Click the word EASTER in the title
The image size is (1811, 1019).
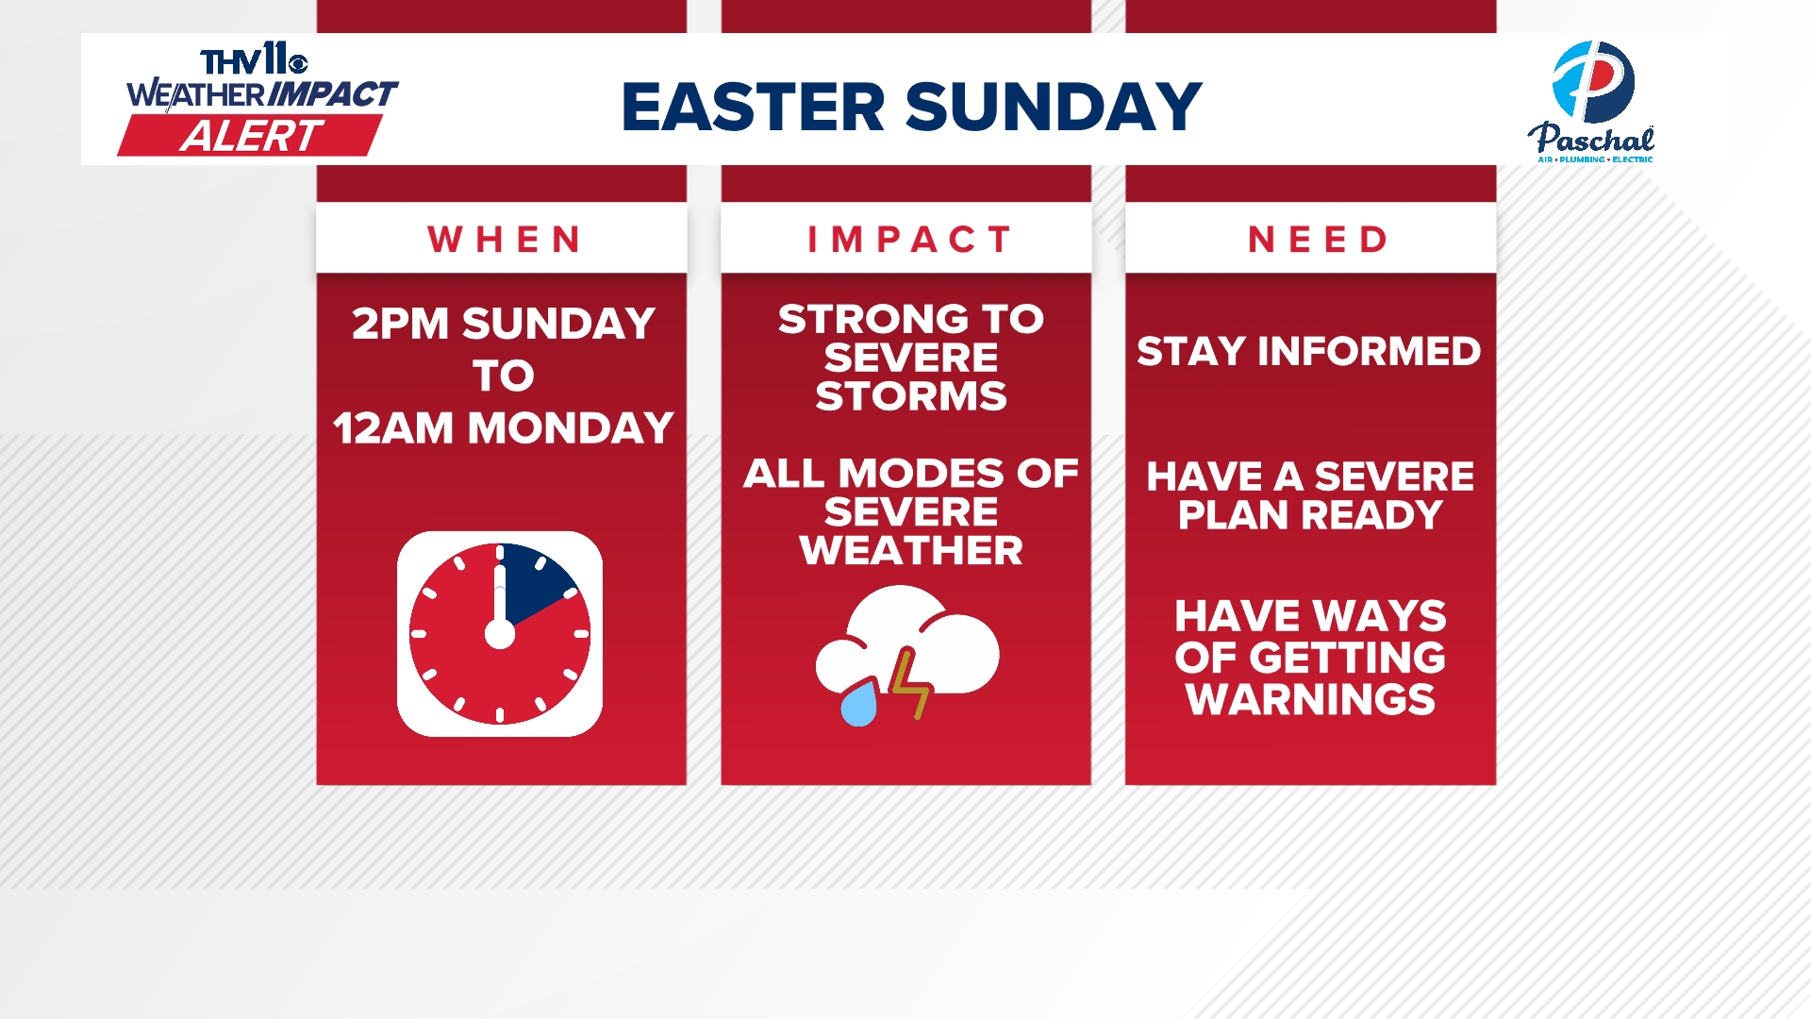point(753,107)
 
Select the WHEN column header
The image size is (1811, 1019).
point(505,240)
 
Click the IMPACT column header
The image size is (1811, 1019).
point(909,240)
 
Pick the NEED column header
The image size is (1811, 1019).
point(1318,240)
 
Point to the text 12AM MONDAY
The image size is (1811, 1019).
point(504,427)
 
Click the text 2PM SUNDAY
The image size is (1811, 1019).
point(504,324)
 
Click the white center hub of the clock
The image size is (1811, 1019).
point(500,634)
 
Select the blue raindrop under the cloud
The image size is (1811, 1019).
point(858,705)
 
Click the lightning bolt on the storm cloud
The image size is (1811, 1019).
point(910,684)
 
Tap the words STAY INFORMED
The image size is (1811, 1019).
point(1308,351)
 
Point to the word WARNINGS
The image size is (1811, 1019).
point(1310,699)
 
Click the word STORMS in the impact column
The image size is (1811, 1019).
point(911,396)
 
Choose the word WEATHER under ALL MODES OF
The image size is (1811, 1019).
point(911,550)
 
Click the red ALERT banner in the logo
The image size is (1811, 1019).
point(250,136)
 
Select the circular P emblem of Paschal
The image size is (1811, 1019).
point(1593,82)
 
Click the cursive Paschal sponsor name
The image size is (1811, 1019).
point(1591,140)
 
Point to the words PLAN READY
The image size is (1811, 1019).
point(1310,515)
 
